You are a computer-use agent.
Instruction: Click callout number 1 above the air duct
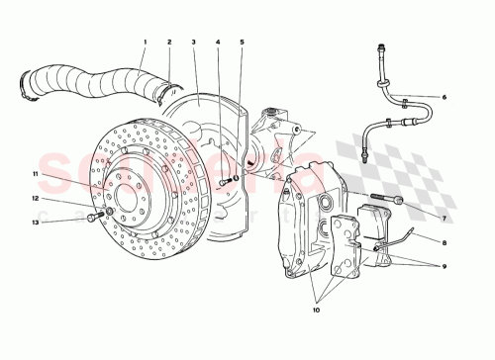tap(144, 42)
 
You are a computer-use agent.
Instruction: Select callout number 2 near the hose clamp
tap(169, 42)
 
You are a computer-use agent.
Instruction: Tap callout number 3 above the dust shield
tap(195, 42)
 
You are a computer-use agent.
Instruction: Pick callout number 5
tap(243, 42)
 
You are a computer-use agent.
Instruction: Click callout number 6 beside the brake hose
tap(445, 97)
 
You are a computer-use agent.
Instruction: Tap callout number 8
tap(445, 240)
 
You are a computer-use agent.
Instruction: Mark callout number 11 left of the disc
tap(34, 174)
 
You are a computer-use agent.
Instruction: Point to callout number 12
tap(34, 199)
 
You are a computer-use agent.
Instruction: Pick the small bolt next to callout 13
tap(92, 217)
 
